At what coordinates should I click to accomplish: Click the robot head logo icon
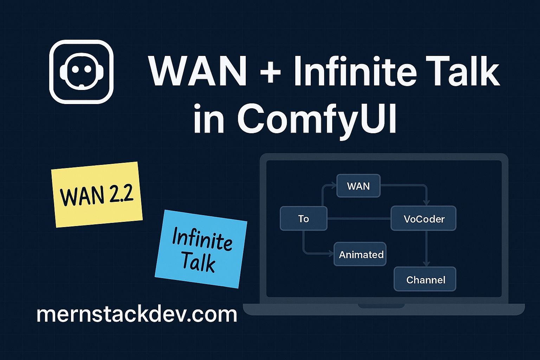(x=81, y=72)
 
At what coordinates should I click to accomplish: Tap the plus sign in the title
(x=270, y=72)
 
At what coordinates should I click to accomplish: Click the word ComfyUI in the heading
(x=317, y=118)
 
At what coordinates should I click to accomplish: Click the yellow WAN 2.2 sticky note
(x=97, y=194)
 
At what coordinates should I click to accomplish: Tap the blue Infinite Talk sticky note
(x=201, y=249)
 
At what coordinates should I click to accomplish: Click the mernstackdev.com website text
(x=137, y=314)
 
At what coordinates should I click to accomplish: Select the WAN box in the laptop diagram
(x=358, y=186)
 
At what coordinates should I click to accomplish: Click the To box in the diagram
(x=303, y=219)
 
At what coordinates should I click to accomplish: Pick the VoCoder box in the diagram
(x=424, y=219)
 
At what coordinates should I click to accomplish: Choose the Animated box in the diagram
(x=360, y=254)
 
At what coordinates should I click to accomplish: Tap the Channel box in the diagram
(x=425, y=279)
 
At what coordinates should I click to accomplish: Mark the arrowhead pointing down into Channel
(x=426, y=264)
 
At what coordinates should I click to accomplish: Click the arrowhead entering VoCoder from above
(x=426, y=203)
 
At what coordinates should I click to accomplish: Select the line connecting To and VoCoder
(x=359, y=219)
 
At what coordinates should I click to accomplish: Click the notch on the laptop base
(x=381, y=306)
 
